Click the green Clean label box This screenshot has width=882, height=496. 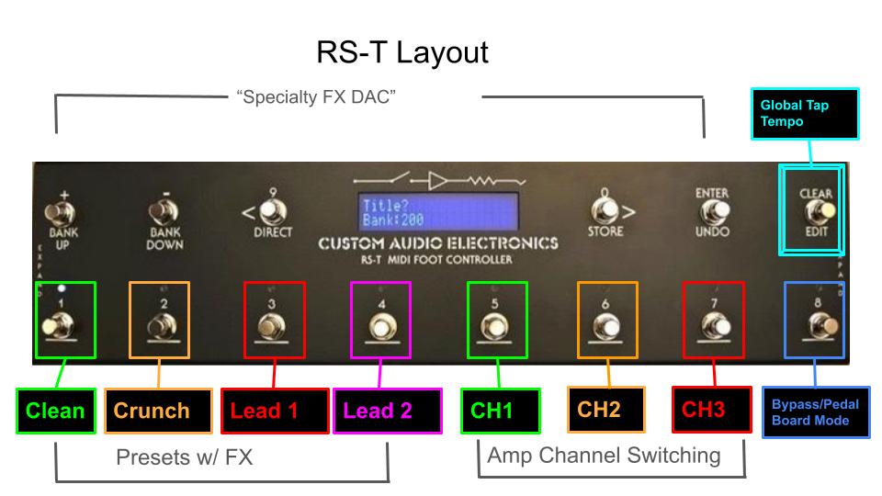(54, 411)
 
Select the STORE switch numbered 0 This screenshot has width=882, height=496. (604, 209)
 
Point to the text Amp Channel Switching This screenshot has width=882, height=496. (604, 455)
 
